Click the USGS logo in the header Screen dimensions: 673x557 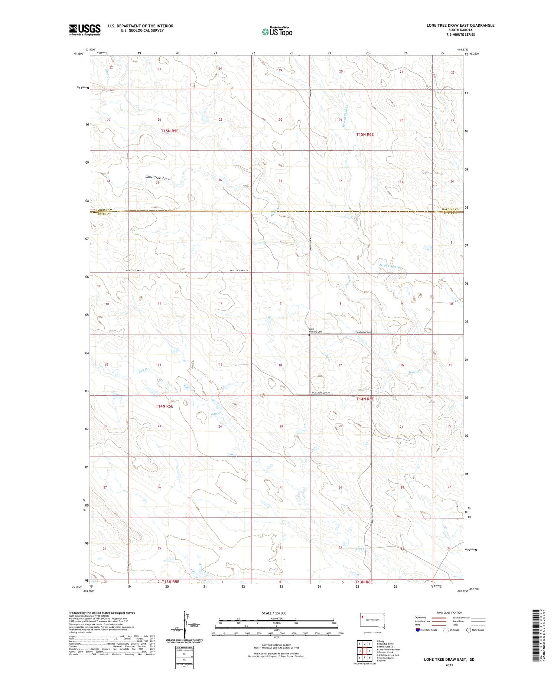85,30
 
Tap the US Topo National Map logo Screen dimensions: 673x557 277,32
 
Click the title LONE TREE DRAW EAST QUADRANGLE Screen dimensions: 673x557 460,25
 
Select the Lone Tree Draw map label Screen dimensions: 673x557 158,178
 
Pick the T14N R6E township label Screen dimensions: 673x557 365,399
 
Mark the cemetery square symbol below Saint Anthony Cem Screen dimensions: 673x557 309,335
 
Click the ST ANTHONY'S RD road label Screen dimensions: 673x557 363,332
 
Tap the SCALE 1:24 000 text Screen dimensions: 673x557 274,613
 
